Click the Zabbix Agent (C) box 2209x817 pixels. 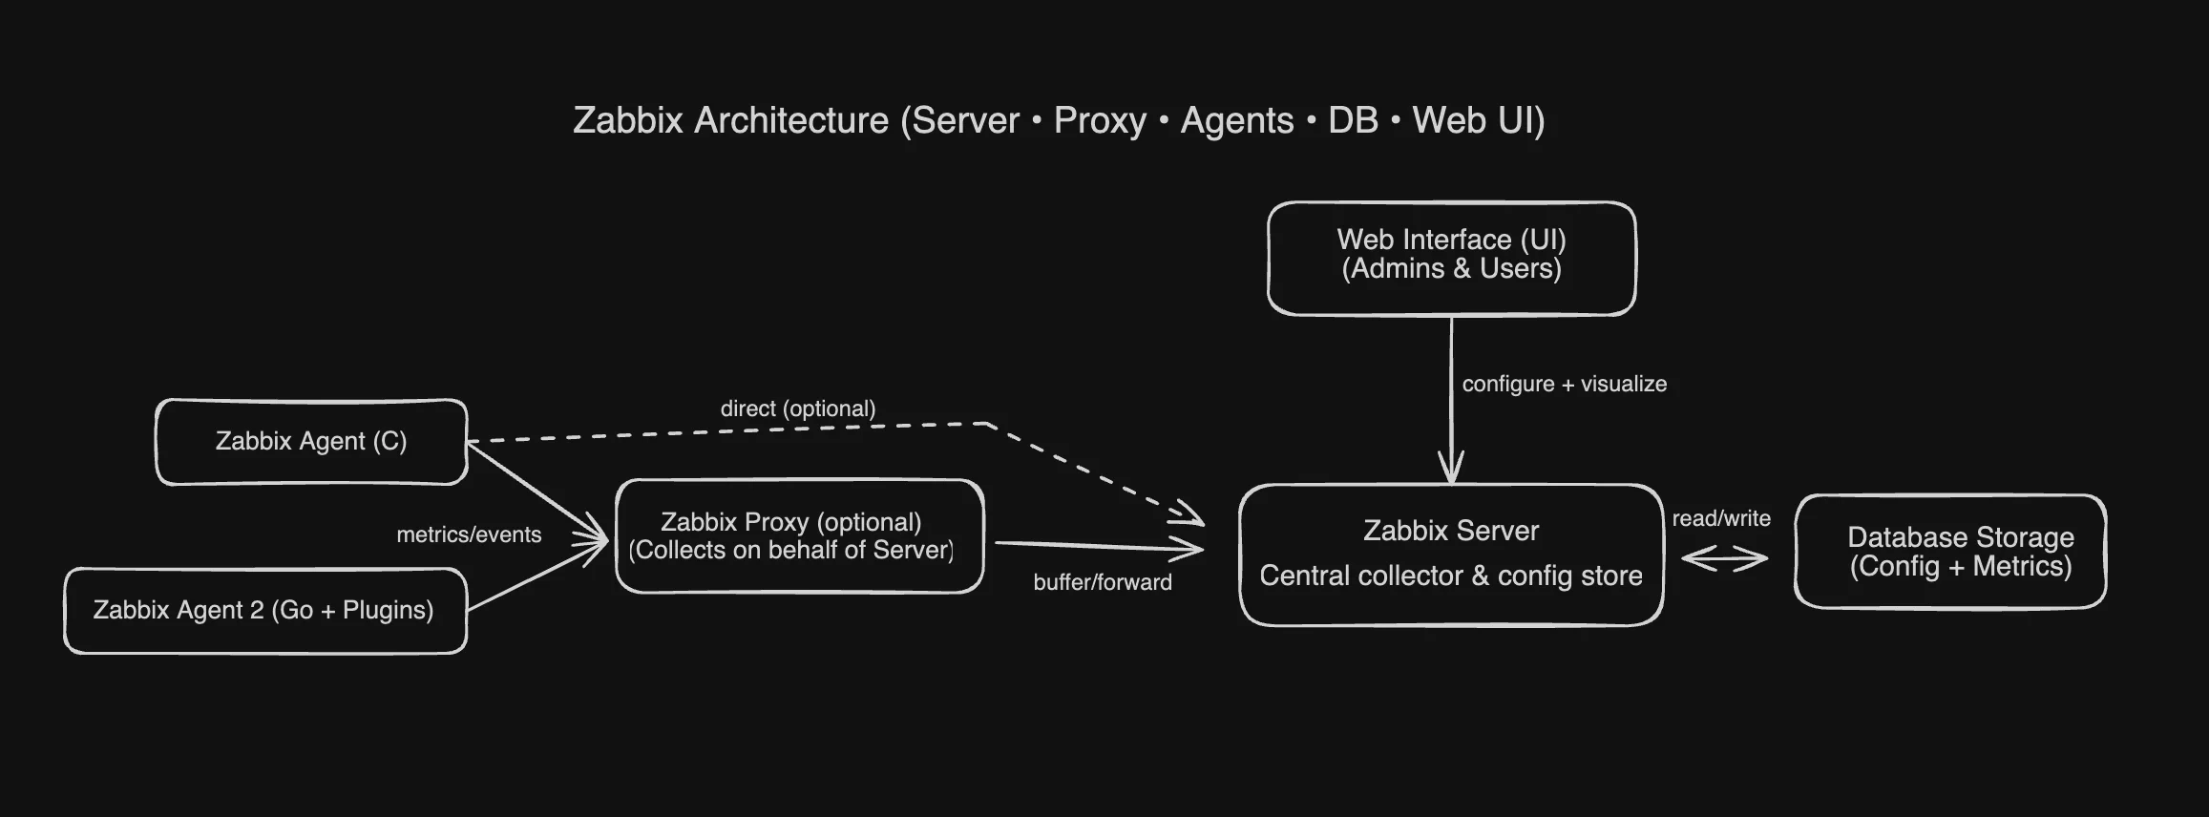point(311,442)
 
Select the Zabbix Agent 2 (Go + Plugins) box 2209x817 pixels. point(264,611)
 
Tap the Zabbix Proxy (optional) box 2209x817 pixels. point(800,535)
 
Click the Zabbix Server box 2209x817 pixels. point(1451,554)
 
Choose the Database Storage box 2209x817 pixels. point(1950,552)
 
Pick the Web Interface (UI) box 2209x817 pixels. point(1451,258)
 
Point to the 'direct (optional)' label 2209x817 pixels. point(798,408)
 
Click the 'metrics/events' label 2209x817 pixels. point(469,534)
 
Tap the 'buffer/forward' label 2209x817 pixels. point(1103,582)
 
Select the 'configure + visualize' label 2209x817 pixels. point(1564,384)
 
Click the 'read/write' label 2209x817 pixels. point(1721,518)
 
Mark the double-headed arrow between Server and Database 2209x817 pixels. point(1724,559)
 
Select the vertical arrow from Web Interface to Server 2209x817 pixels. point(1451,401)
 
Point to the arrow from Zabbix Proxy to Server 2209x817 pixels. point(1098,546)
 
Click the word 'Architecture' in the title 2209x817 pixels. point(791,120)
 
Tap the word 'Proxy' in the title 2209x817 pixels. point(1100,120)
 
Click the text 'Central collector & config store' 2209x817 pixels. point(1451,576)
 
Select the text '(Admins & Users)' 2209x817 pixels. point(1451,269)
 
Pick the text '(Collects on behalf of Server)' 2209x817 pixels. point(790,550)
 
